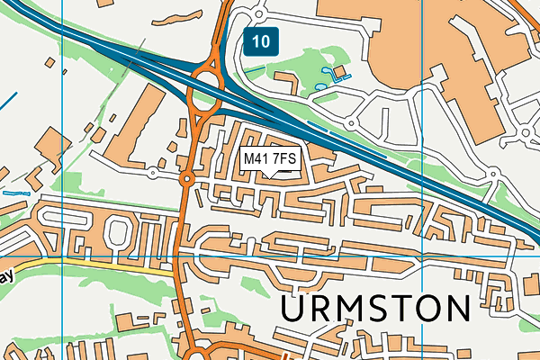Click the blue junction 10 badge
pos(260,40)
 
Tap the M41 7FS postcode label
pos(270,159)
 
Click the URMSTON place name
pos(375,308)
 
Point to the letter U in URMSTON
pos(295,308)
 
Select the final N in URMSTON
pos(457,308)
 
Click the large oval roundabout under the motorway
pos(206,88)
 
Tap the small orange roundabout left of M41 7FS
pos(187,180)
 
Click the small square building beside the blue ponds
pos(339,71)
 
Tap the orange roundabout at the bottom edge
pos(200,354)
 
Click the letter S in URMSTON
pos(380,308)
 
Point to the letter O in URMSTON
pos(430,308)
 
